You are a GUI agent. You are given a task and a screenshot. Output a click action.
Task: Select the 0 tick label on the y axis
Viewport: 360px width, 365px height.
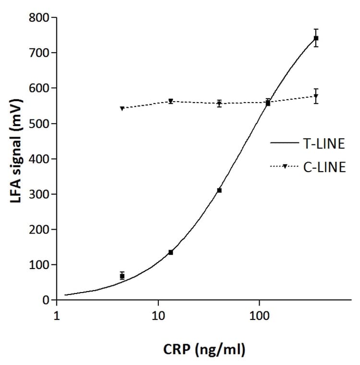point(47,300)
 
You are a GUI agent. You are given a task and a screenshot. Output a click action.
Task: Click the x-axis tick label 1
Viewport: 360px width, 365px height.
point(57,316)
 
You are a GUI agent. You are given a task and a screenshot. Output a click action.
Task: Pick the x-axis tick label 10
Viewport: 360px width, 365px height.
point(158,316)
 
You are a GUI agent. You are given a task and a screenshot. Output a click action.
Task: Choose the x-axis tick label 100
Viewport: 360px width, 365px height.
point(259,316)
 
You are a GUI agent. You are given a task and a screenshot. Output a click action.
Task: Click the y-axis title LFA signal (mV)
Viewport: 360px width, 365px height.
point(17,159)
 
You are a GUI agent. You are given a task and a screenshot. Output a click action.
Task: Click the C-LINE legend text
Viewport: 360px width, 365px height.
point(324,167)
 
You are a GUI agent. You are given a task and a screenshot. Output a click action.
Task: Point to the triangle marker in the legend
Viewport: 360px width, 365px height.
point(285,167)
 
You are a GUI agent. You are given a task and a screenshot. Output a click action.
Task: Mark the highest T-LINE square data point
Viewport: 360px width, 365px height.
point(316,38)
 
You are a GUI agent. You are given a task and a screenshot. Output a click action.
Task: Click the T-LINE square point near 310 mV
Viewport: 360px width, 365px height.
point(219,190)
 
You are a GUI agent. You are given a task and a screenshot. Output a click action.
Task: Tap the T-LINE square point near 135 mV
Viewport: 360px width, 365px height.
point(170,252)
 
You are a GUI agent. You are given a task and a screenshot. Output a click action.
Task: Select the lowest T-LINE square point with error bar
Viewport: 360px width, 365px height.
point(122,276)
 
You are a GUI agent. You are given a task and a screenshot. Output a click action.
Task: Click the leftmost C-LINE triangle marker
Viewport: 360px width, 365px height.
point(122,109)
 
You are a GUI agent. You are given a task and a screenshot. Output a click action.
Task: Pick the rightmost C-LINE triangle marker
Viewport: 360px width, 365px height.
point(316,96)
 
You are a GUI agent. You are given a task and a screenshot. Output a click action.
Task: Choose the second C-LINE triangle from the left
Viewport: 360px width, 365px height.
point(170,101)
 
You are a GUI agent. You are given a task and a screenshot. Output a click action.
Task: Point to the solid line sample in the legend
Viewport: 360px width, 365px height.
point(285,143)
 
